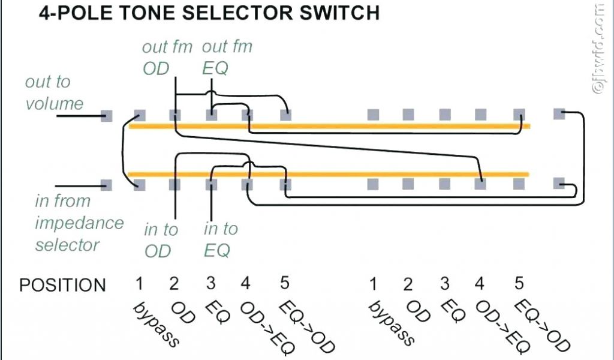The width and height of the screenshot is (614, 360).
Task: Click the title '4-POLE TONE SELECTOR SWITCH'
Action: pyautogui.click(x=209, y=13)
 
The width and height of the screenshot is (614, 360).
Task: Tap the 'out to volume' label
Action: pyautogui.click(x=54, y=92)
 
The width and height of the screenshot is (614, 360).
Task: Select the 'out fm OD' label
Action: pyautogui.click(x=167, y=58)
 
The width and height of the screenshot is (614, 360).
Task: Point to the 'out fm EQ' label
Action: pyautogui.click(x=227, y=58)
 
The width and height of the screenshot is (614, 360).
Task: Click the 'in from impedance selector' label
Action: pyautogui.click(x=78, y=223)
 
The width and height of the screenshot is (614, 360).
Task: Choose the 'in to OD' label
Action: pyautogui.click(x=161, y=240)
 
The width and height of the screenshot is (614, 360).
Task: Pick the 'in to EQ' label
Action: pyautogui.click(x=220, y=239)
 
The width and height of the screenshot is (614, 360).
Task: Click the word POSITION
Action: pyautogui.click(x=62, y=284)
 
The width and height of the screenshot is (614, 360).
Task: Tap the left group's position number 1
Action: pyautogui.click(x=139, y=283)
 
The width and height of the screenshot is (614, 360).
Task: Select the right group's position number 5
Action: pyautogui.click(x=519, y=283)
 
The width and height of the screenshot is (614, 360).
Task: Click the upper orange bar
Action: pyautogui.click(x=330, y=126)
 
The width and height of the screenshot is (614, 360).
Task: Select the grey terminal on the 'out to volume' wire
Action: pyautogui.click(x=107, y=116)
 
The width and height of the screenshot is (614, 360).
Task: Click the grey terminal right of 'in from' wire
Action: pyautogui.click(x=107, y=184)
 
